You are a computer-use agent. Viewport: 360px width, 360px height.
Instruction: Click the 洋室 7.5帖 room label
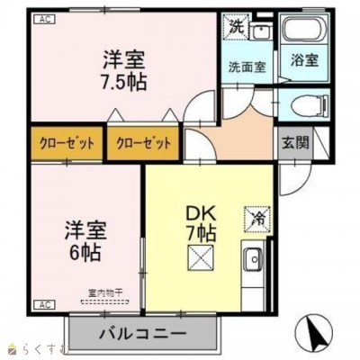pos(125,68)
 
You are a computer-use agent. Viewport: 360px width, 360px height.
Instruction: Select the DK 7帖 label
pos(199,221)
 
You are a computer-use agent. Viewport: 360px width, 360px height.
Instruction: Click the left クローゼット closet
pos(66,142)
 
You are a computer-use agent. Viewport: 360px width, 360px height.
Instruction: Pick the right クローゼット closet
pos(144,142)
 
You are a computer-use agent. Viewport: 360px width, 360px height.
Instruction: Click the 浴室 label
pos(302,62)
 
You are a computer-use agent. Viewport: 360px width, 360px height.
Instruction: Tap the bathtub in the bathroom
pos(302,32)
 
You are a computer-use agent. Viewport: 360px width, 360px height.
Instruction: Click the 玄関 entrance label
pos(293,142)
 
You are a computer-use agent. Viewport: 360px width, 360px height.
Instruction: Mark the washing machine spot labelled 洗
pos(236,27)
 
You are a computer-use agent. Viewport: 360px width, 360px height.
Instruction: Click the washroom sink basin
pos(260,32)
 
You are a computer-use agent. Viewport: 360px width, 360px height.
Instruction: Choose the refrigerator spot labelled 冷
pos(256,217)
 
